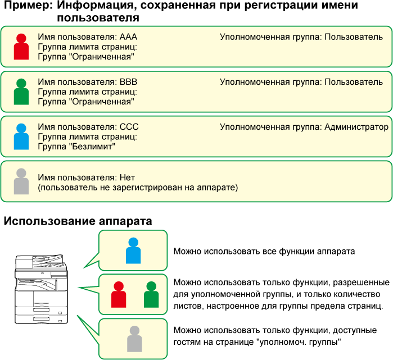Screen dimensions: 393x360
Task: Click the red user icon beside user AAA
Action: tap(21, 47)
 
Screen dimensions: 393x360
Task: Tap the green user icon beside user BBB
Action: tap(21, 92)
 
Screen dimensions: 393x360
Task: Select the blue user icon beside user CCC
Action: tap(21, 136)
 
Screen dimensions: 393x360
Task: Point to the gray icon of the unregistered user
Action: tap(21, 181)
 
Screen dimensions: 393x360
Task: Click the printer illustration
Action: tap(42, 289)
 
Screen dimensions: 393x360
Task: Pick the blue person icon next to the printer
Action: tap(133, 250)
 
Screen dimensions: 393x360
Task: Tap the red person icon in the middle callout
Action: tap(119, 295)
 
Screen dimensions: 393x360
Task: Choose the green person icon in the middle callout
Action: tap(151, 295)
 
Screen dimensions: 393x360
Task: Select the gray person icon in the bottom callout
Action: tap(134, 339)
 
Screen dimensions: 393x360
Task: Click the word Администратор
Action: tap(356, 127)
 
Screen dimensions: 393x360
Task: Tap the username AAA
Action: tap(128, 37)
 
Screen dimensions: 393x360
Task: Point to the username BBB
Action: tap(128, 82)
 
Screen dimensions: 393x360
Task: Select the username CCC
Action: tap(129, 127)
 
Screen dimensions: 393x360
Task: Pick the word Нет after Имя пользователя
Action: tap(127, 177)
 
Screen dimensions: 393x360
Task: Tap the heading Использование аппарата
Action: tap(78, 221)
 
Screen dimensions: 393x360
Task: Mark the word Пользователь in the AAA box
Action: tap(354, 37)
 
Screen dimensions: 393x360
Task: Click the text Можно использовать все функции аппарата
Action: tap(264, 252)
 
